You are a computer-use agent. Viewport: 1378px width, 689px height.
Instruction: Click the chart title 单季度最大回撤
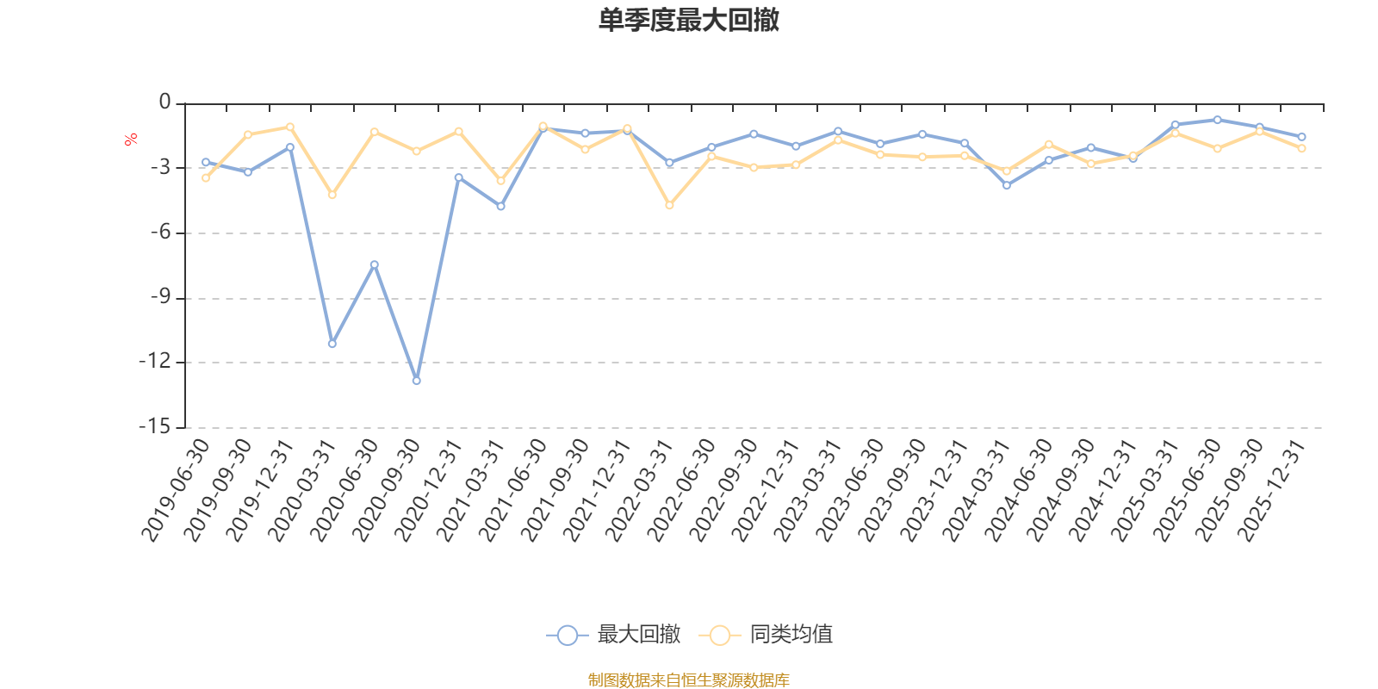pyautogui.click(x=688, y=21)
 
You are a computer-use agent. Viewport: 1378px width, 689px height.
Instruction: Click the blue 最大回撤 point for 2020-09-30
pyautogui.click(x=417, y=380)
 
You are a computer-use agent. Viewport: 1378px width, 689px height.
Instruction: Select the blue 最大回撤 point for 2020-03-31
pyautogui.click(x=332, y=344)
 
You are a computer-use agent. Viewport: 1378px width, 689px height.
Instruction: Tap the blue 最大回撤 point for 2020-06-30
pyautogui.click(x=375, y=264)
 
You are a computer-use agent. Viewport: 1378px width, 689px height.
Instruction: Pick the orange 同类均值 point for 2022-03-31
pyautogui.click(x=669, y=205)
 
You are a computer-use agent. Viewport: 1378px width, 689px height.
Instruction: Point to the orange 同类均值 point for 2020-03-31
pyautogui.click(x=332, y=196)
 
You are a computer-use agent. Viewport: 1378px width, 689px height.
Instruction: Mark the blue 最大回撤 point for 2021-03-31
pyautogui.click(x=500, y=207)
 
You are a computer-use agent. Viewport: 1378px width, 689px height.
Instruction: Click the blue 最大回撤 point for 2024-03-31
pyautogui.click(x=1007, y=185)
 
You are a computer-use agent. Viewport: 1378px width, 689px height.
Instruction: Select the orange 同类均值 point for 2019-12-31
pyautogui.click(x=290, y=127)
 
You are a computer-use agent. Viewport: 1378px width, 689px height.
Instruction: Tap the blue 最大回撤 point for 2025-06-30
pyautogui.click(x=1217, y=120)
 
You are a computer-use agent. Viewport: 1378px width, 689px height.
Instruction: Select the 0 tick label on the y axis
pyautogui.click(x=165, y=103)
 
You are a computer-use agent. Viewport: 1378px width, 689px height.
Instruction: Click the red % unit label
pyautogui.click(x=131, y=140)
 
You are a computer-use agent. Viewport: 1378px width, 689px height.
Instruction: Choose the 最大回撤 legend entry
pyautogui.click(x=613, y=635)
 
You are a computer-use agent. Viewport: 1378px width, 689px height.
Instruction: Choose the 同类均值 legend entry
pyautogui.click(x=767, y=635)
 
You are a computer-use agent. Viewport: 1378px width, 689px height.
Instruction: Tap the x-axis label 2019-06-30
pyautogui.click(x=176, y=491)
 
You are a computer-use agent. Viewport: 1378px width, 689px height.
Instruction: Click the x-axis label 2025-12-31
pyautogui.click(x=1272, y=491)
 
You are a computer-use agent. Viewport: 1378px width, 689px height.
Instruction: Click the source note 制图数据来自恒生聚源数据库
pyautogui.click(x=688, y=680)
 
